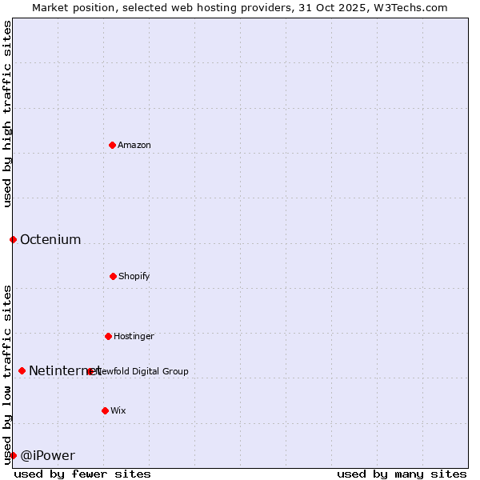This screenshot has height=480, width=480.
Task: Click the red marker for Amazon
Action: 112,145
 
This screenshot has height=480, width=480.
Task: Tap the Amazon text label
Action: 134,146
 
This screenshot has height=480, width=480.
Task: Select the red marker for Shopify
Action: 113,276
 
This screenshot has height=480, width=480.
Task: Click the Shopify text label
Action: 134,277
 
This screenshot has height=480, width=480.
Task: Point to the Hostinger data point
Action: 108,336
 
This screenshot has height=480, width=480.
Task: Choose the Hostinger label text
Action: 134,337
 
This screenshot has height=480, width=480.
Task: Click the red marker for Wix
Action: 105,410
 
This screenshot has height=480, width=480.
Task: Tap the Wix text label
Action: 118,411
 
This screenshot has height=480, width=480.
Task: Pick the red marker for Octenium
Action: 13,239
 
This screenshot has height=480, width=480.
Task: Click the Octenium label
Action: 50,240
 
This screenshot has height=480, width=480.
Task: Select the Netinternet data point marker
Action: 22,370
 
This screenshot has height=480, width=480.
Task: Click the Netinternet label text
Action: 64,371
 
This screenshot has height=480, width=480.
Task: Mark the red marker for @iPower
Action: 13,455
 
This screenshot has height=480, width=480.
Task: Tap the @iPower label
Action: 48,456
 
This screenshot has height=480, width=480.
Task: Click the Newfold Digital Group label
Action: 144,371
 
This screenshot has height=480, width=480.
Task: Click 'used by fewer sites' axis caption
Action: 82,474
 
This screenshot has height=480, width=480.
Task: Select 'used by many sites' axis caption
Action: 402,474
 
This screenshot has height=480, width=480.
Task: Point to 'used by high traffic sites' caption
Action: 7,114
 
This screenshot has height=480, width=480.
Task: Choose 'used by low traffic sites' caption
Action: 7,374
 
